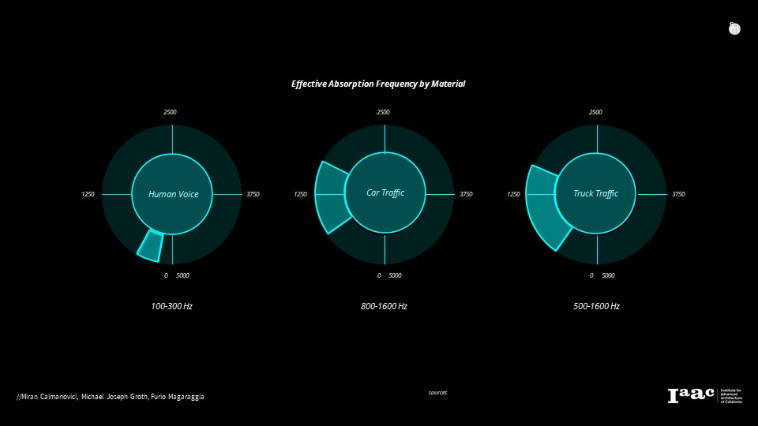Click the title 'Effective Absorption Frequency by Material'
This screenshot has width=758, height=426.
pos(378,84)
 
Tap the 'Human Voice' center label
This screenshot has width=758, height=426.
pos(173,194)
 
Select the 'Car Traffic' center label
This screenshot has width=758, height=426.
pos(385,192)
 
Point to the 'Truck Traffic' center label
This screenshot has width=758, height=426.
pos(596,194)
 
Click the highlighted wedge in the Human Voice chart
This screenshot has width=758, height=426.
pos(151,245)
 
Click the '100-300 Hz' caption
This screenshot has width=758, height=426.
pos(171,306)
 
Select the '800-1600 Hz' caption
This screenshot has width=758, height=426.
pos(384,306)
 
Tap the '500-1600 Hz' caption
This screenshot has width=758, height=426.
pos(596,306)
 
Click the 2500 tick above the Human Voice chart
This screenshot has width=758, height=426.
pos(170,112)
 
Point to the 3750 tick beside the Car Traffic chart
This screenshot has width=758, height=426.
pos(466,194)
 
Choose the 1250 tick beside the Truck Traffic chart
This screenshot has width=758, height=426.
pos(513,194)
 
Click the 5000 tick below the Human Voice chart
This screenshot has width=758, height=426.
pos(182,275)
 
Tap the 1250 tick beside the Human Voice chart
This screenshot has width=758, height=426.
pos(88,194)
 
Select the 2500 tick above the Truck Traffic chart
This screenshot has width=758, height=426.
pos(595,112)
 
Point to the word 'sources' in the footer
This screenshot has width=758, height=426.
pos(437,392)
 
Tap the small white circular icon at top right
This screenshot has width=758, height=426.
pos(734,28)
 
